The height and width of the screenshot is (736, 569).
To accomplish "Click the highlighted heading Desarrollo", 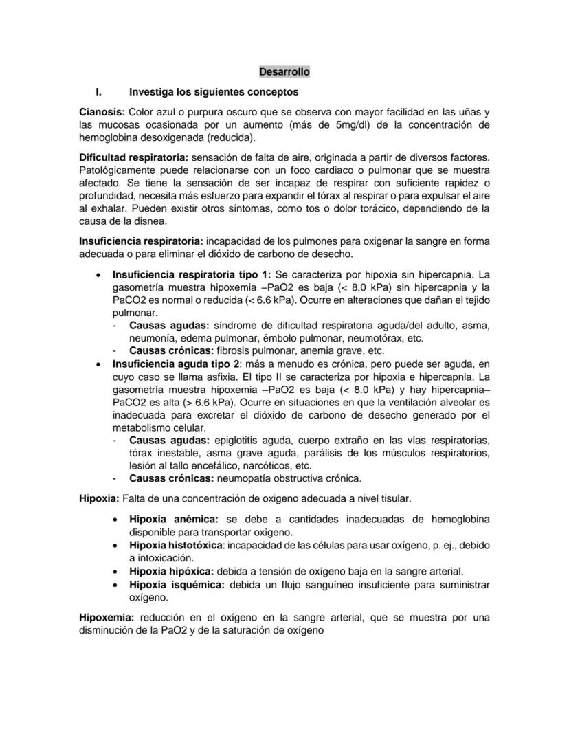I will click(284, 71).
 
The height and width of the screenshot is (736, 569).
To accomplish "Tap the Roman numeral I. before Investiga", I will click(99, 91).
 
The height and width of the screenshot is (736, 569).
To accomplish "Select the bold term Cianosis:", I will click(102, 111).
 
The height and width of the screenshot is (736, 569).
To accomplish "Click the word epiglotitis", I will click(238, 440).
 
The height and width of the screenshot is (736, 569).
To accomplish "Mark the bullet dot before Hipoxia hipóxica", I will click(118, 571).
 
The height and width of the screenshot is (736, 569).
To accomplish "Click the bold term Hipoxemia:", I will click(106, 617).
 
